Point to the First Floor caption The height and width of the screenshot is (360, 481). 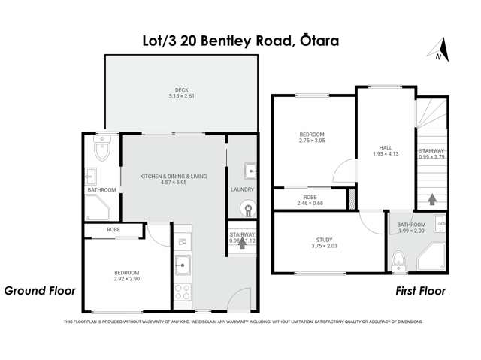pyautogui.click(x=420, y=290)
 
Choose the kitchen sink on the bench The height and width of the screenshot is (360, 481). pyautogui.click(x=183, y=265)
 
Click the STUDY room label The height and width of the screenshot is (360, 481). pyautogui.click(x=324, y=240)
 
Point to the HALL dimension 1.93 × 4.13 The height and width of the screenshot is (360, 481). pyautogui.click(x=384, y=154)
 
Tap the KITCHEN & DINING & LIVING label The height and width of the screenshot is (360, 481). pyautogui.click(x=174, y=177)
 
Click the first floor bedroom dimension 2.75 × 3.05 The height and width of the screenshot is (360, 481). pyautogui.click(x=311, y=141)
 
